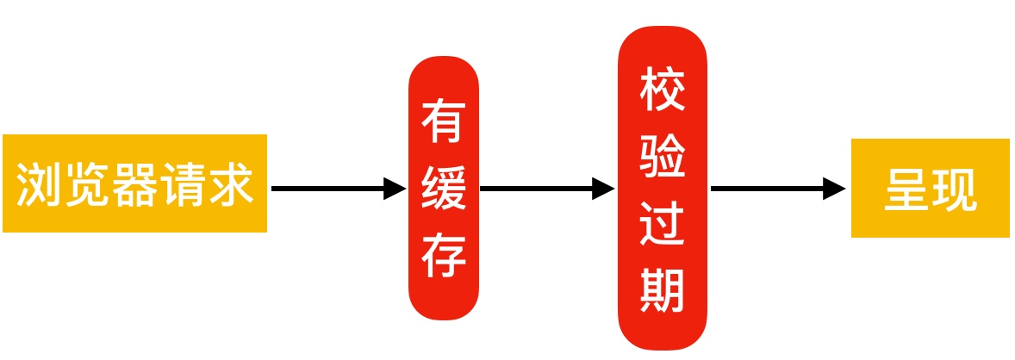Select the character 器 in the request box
pos(136,183)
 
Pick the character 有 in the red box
pos(444,121)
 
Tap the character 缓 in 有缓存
pos(444,188)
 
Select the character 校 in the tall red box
pos(662,90)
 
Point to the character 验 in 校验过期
pos(662,157)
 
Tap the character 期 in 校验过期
pos(662,290)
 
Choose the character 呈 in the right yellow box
pos(906,189)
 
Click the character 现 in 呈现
pos(955,189)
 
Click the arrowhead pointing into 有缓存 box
pos(394,188)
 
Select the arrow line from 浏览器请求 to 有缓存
pos(327,188)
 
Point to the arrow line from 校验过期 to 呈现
pos(767,188)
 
